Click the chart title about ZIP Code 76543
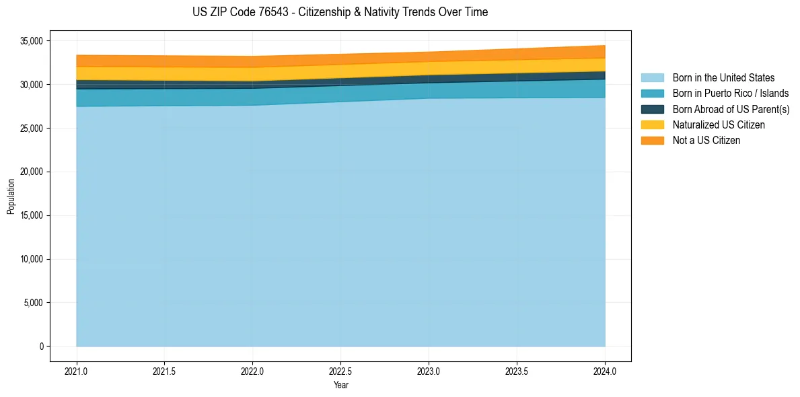[340, 12]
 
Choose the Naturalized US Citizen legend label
[719, 125]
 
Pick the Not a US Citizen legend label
[706, 141]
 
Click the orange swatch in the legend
[652, 141]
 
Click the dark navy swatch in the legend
[652, 109]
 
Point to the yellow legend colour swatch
[652, 125]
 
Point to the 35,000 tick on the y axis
[31, 41]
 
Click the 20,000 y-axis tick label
[31, 172]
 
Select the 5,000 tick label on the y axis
[33, 303]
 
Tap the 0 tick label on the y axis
[41, 347]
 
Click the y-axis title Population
[11, 196]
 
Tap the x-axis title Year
[340, 385]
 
